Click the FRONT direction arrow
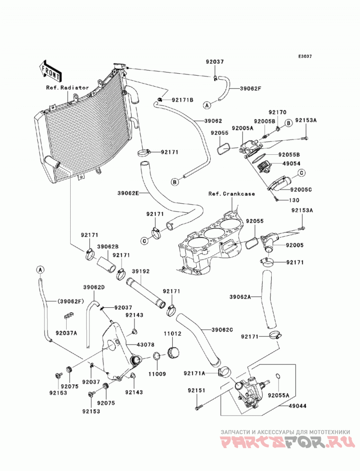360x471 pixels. click(x=50, y=72)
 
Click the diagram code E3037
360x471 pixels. click(x=305, y=56)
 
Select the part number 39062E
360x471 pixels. click(x=128, y=193)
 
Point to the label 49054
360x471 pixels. click(x=291, y=164)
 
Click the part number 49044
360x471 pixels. click(x=297, y=406)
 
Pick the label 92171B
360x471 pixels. click(x=182, y=100)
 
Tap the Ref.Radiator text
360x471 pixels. click(x=67, y=88)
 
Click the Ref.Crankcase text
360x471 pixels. click(x=231, y=194)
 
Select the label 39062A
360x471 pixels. click(x=240, y=297)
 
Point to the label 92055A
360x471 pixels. click(x=279, y=395)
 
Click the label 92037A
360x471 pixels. click(x=66, y=333)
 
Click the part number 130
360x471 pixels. click(x=294, y=200)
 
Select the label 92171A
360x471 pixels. click(x=194, y=373)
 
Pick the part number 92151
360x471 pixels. click(x=197, y=390)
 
